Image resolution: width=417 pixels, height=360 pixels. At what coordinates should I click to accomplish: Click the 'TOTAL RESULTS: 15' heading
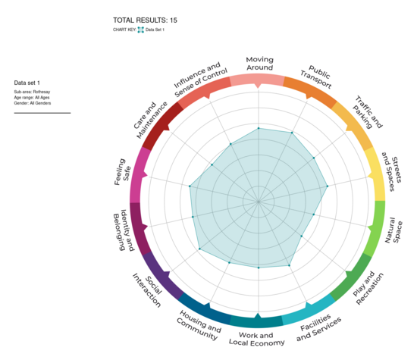coord(145,20)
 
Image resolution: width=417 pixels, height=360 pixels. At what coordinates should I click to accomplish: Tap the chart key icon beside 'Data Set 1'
coord(140,30)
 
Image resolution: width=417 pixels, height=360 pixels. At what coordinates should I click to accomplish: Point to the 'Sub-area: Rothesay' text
coord(35,91)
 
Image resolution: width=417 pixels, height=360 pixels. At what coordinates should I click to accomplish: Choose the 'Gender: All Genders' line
coord(37,103)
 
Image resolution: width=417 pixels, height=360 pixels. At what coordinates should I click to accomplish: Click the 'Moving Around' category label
coord(259,63)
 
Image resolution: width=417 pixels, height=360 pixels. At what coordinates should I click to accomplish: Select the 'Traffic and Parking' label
coord(365,114)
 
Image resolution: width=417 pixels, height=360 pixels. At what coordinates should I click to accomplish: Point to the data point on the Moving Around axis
coord(259,129)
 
